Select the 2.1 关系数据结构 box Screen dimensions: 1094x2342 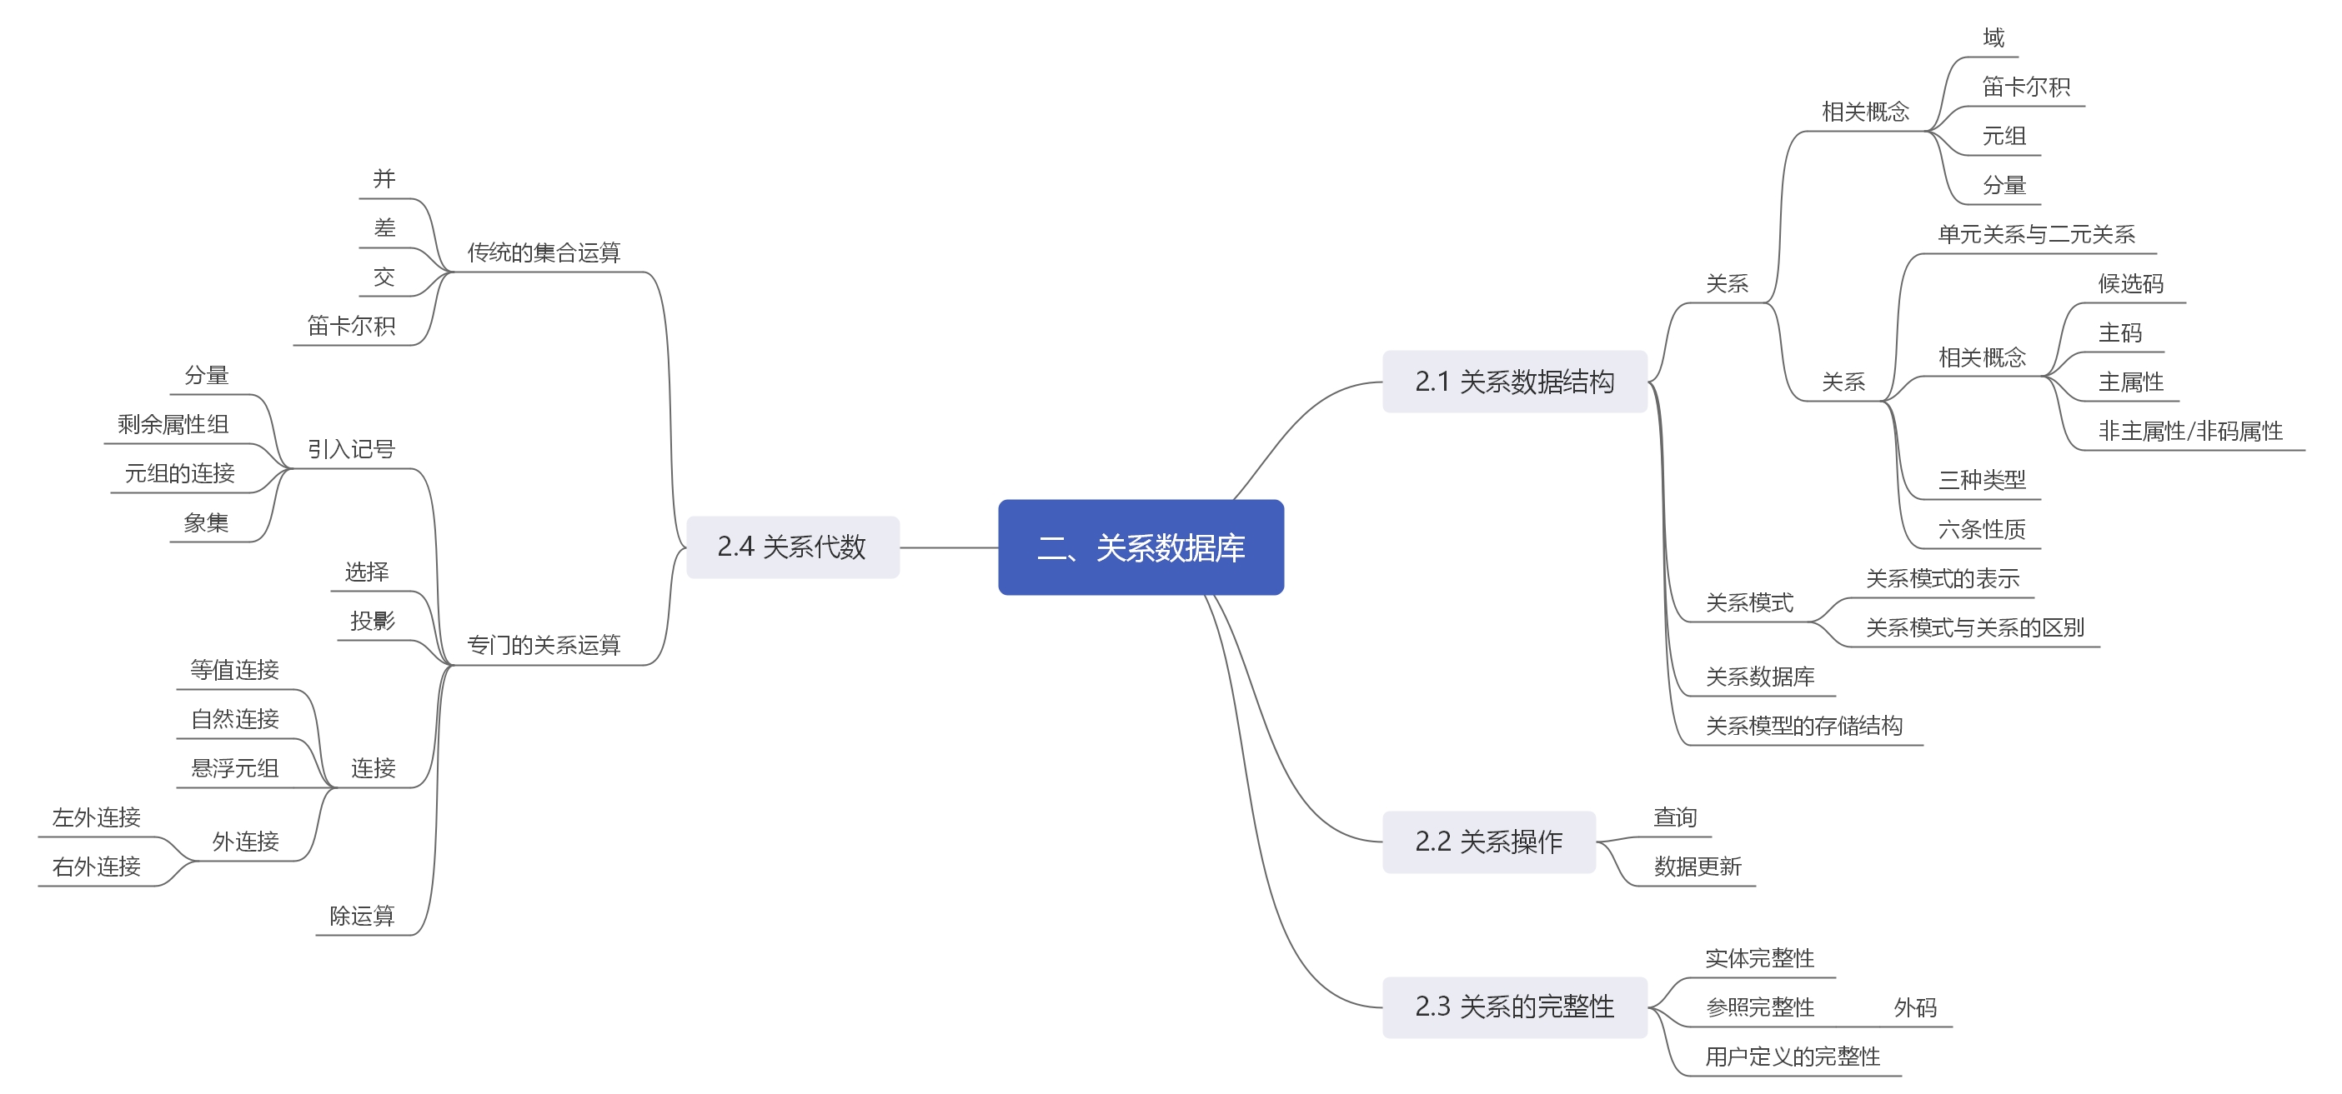[x=1514, y=382]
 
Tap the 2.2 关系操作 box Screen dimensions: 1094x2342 [x=1488, y=842]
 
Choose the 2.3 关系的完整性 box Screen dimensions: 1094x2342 [x=1514, y=1007]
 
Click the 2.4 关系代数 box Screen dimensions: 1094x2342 [x=792, y=547]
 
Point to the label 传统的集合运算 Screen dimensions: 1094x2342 [x=544, y=252]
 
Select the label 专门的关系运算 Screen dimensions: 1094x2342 [x=544, y=645]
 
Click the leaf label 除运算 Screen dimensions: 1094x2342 [x=362, y=916]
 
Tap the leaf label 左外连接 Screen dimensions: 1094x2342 [x=97, y=817]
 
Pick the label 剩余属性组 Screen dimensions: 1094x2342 [x=173, y=424]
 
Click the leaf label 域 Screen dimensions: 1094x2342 [x=1993, y=38]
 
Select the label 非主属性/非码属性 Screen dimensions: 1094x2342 [x=2190, y=432]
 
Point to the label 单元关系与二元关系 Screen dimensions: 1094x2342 [x=2037, y=234]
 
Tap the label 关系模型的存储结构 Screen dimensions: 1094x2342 [x=1803, y=726]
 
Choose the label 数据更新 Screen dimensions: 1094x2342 [x=1698, y=867]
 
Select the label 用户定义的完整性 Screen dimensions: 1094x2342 [x=1792, y=1057]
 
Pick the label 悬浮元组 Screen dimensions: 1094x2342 [x=234, y=769]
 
